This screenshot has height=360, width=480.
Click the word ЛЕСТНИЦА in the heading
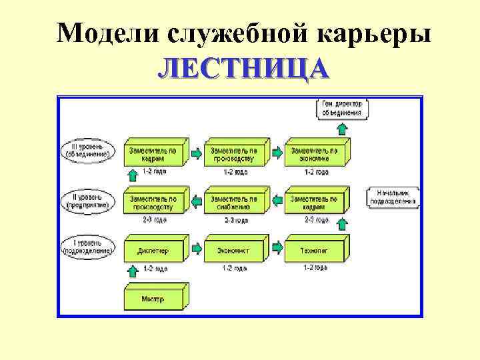(243, 69)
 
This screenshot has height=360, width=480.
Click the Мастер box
(154, 298)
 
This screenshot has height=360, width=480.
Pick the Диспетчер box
(154, 251)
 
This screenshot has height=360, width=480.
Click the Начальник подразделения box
(392, 197)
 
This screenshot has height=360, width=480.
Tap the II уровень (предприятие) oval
(87, 200)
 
